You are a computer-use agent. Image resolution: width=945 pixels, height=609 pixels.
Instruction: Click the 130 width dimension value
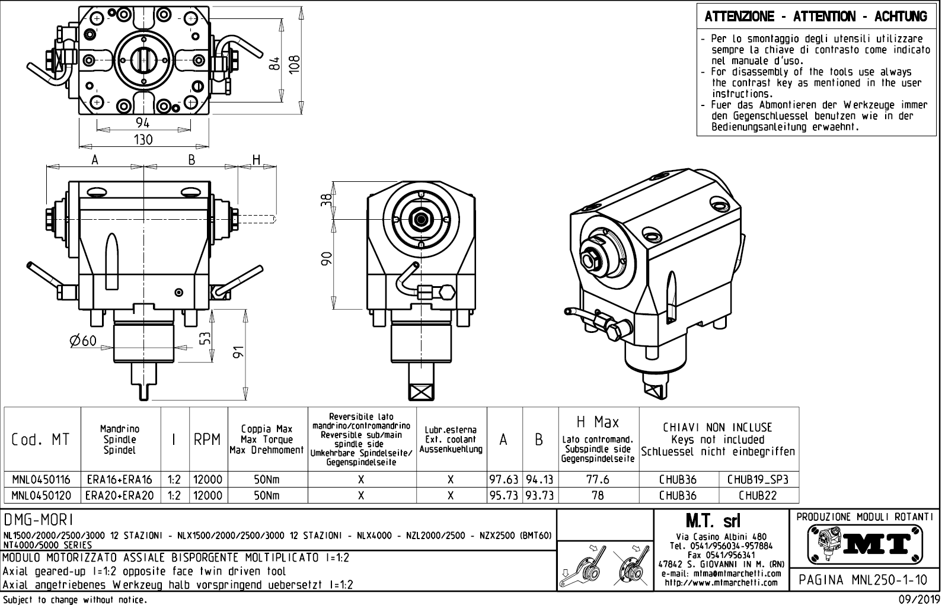click(143, 140)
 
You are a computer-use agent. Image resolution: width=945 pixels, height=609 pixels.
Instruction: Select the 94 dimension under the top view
click(143, 123)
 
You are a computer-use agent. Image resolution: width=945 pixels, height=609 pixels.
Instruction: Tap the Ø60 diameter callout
click(82, 341)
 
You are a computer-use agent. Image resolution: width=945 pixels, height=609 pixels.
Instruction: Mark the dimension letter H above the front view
click(257, 159)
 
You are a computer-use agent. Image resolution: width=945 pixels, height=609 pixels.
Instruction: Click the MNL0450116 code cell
click(41, 479)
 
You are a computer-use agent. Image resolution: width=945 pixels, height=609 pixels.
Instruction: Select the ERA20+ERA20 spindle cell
click(120, 495)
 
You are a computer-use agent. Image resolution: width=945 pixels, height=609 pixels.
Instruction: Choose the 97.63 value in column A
click(504, 479)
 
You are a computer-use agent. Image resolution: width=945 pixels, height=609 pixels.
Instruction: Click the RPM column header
click(207, 440)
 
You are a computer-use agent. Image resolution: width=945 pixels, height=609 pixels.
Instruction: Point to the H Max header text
click(598, 422)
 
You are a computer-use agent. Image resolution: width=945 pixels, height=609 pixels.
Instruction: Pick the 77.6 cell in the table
click(598, 479)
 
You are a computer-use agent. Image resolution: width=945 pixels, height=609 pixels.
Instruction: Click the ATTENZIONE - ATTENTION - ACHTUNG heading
click(816, 17)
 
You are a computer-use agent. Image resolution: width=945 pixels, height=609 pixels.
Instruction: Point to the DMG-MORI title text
click(39, 520)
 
